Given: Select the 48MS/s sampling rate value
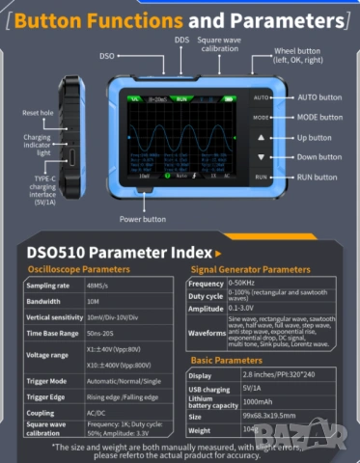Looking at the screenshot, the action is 99,286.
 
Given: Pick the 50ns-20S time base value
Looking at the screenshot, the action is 100,333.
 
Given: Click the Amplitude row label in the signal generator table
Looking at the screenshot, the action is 205,308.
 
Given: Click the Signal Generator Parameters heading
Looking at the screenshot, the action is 250,269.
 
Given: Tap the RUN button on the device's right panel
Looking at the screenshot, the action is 260,177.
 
